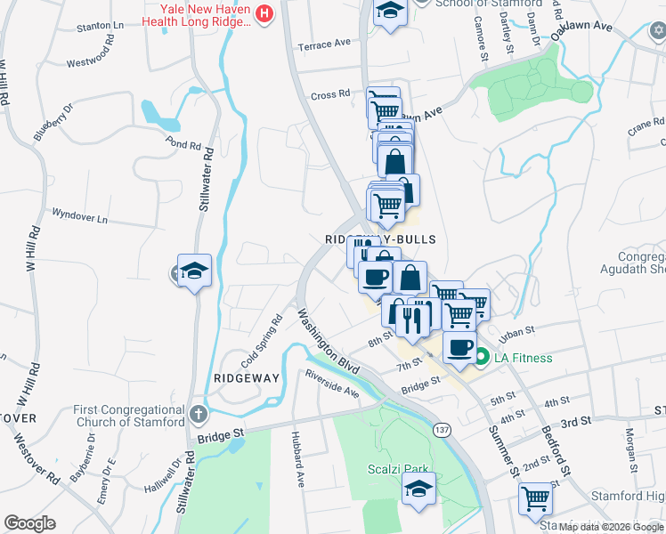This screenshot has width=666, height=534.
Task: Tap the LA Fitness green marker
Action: [482, 359]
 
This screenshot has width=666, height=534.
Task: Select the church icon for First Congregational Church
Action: [199, 414]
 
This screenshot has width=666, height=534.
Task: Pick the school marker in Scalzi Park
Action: [418, 489]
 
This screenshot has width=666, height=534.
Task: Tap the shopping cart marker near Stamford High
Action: [535, 498]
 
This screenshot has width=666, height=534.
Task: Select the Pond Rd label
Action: [183, 144]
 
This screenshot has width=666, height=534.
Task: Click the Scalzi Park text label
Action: [398, 469]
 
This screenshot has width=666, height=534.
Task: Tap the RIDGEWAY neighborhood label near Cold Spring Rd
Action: [247, 378]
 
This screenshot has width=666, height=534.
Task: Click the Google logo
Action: [29, 523]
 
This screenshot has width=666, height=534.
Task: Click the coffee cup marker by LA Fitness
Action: [459, 348]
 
